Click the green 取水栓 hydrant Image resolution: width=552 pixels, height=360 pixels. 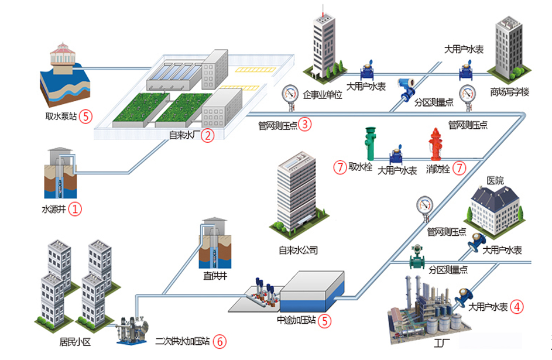[x=369, y=144]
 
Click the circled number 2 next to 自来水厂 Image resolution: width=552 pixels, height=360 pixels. [x=207, y=136]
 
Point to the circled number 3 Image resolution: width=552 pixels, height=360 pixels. [x=304, y=124]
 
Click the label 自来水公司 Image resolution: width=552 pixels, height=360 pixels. [x=298, y=250]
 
